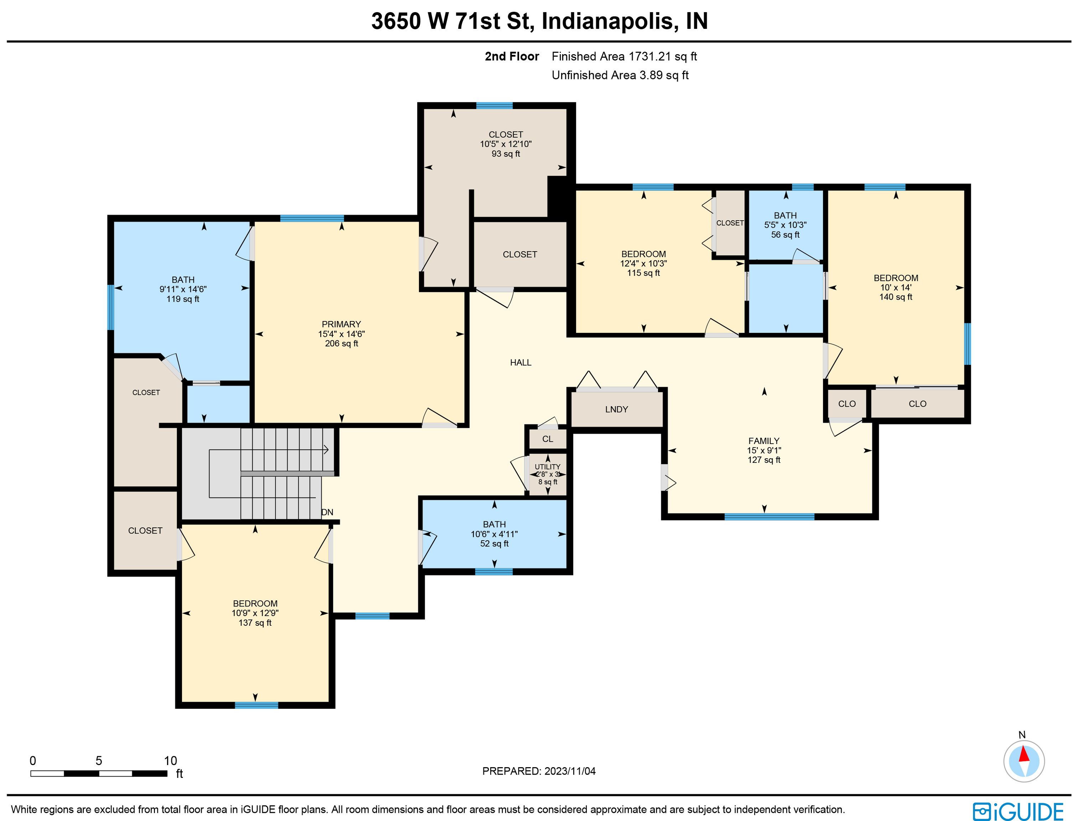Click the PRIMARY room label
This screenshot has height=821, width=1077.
coord(341,325)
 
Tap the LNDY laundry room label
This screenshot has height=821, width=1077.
coord(616,409)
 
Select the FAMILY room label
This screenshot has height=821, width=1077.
coord(764,441)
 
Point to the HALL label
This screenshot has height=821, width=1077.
coord(521,363)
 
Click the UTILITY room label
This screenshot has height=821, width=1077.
coord(547,467)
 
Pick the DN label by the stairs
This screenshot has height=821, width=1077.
coord(327,512)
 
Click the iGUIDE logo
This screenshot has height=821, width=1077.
coord(1018,811)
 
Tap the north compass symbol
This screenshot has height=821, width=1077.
coord(1024,761)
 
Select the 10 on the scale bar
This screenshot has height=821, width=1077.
coord(170,761)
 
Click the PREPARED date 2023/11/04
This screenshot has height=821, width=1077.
coord(570,771)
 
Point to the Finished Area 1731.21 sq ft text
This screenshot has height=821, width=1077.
coord(624,57)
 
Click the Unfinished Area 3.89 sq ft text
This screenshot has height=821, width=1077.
coord(620,75)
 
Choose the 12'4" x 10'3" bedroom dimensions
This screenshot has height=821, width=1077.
coord(643,263)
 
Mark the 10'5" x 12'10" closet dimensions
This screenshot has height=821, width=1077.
coord(506,144)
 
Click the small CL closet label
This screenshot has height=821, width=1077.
coord(548,439)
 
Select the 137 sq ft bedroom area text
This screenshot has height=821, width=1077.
coord(255,623)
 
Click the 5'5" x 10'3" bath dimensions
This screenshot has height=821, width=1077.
coord(785,225)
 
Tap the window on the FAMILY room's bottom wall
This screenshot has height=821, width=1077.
coord(769,517)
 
